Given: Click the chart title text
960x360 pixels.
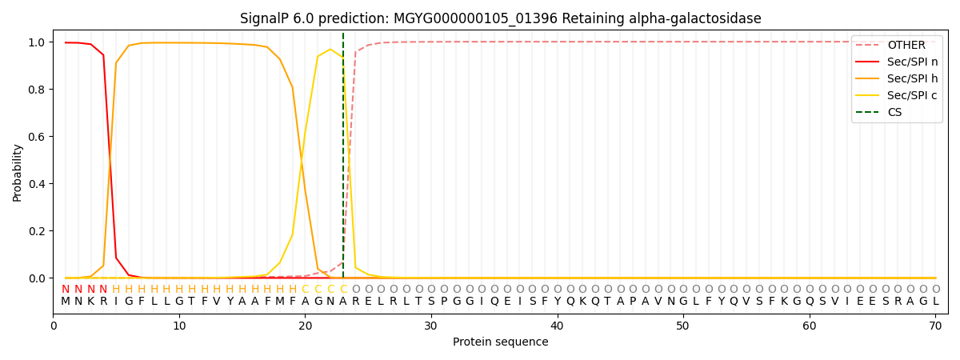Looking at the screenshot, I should pos(500,18).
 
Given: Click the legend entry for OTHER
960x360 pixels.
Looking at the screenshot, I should pos(906,46).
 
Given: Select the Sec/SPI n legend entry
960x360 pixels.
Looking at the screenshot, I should pos(912,62).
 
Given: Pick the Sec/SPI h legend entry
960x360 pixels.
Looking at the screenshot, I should pos(912,78).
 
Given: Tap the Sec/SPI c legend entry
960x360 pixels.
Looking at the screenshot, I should pos(912,95).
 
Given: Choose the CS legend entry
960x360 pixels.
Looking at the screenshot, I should pos(894,112).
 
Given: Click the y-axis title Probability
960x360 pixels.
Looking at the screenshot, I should pos(18,172).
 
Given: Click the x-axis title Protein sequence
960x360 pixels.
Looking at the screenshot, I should pos(500,342).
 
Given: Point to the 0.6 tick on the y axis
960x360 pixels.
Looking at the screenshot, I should pos(36,137).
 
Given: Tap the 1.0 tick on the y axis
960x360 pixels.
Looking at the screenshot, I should pos(36,42).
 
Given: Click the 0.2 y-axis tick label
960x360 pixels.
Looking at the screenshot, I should pos(36,231).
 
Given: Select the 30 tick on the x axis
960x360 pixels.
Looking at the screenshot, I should pos(430,326).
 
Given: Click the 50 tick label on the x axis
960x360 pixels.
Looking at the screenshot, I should pos(682,326).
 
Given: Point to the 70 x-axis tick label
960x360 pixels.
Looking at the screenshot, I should pos(934,326).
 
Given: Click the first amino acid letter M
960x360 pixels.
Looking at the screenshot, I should pos(66,302).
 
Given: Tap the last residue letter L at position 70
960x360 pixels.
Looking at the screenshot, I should pos(935,302).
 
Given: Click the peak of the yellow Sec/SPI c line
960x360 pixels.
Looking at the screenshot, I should pos(330,50).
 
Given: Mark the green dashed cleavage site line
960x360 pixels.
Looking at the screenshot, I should pos(343,160).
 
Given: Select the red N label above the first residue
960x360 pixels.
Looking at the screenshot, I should pos(66,290).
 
